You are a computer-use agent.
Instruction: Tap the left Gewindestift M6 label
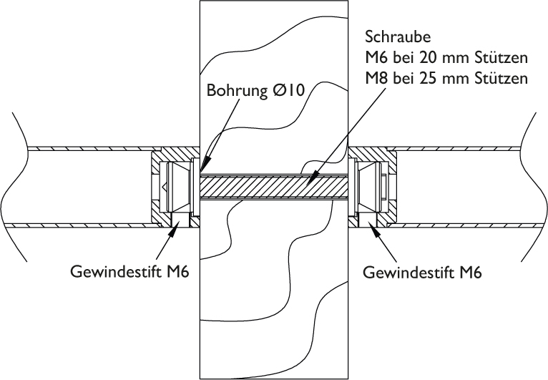tap(129, 273)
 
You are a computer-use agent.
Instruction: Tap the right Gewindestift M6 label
tap(422, 273)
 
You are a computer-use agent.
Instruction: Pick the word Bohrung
tap(235, 92)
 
